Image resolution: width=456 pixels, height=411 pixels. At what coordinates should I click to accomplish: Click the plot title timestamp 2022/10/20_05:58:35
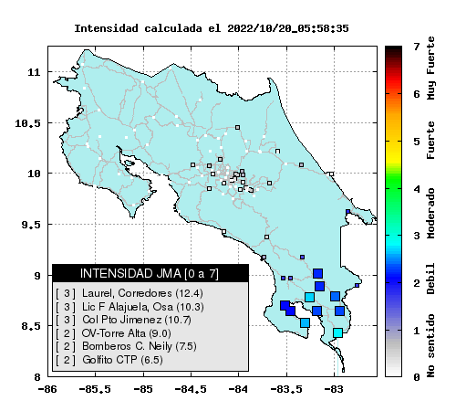(288, 28)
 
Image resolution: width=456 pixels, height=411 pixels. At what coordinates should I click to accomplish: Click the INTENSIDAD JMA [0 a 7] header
(150, 273)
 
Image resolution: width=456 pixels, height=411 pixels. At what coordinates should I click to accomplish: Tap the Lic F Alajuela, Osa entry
(130, 307)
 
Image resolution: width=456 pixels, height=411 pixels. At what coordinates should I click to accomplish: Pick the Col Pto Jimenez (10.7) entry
(123, 320)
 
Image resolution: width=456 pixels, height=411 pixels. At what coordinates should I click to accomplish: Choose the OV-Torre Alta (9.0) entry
(113, 333)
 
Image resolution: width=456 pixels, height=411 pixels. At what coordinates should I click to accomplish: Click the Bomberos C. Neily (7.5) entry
(126, 346)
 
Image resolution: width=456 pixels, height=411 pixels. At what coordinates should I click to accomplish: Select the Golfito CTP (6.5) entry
(109, 360)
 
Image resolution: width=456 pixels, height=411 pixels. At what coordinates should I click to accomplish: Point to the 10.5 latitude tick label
(27, 123)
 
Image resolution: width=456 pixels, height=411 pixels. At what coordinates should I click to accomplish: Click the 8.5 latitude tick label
(31, 326)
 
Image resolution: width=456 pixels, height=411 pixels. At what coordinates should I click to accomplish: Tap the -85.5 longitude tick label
(96, 389)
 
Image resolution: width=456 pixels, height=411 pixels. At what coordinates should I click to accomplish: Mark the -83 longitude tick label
(335, 389)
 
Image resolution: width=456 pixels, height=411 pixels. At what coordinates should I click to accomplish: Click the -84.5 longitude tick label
(191, 389)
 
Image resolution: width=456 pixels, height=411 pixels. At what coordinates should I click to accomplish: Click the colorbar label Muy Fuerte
(430, 68)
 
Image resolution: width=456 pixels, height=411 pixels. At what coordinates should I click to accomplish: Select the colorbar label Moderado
(430, 213)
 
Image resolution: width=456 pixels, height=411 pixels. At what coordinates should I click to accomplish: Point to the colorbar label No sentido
(430, 346)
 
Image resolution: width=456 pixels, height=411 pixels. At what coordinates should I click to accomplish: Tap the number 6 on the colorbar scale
(417, 94)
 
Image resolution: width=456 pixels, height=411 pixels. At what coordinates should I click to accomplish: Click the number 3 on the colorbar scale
(417, 236)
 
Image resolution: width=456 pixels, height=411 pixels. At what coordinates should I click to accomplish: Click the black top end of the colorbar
(393, 48)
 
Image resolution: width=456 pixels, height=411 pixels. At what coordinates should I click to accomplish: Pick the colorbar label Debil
(430, 279)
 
